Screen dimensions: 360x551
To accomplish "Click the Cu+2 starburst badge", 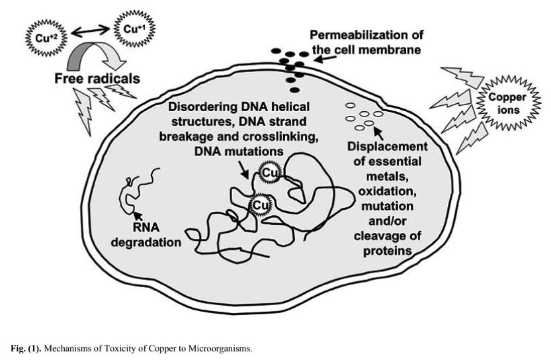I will click(x=42, y=35).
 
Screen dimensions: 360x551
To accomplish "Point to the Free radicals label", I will click(x=97, y=78).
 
